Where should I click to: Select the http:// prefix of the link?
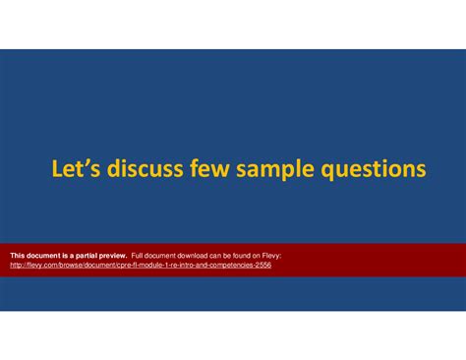[x=18, y=265]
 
